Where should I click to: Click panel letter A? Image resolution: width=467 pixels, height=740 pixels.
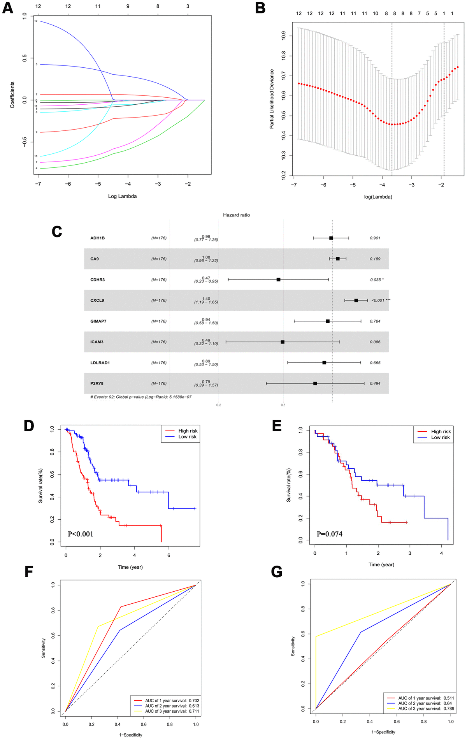[x=8, y=8]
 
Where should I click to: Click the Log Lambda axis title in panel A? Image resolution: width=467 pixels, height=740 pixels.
[x=122, y=196]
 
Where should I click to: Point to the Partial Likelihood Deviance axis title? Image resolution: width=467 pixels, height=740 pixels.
[x=272, y=99]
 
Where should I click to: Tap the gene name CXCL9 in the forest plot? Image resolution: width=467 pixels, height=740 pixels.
[x=97, y=301]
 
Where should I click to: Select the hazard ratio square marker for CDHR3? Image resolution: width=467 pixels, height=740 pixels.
[x=278, y=279]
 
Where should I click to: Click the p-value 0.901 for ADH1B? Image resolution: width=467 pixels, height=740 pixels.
[x=375, y=238]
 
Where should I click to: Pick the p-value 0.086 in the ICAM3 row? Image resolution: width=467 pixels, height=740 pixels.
[x=375, y=342]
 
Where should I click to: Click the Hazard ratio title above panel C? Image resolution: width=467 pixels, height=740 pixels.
[x=236, y=215]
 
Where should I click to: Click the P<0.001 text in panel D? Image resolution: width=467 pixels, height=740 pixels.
[x=81, y=534]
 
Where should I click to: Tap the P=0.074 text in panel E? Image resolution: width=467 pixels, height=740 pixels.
[x=329, y=534]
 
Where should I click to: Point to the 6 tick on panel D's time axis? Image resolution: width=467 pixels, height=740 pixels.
[x=169, y=555]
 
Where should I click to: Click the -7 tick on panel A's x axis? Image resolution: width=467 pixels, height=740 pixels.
[x=38, y=184]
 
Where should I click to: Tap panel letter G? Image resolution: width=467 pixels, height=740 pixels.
[x=277, y=572]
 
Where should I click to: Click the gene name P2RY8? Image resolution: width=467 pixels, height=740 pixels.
[x=97, y=383]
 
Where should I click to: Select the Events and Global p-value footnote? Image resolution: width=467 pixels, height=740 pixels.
[x=141, y=397]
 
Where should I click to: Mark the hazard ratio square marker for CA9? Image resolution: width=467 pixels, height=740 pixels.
[x=337, y=259]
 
